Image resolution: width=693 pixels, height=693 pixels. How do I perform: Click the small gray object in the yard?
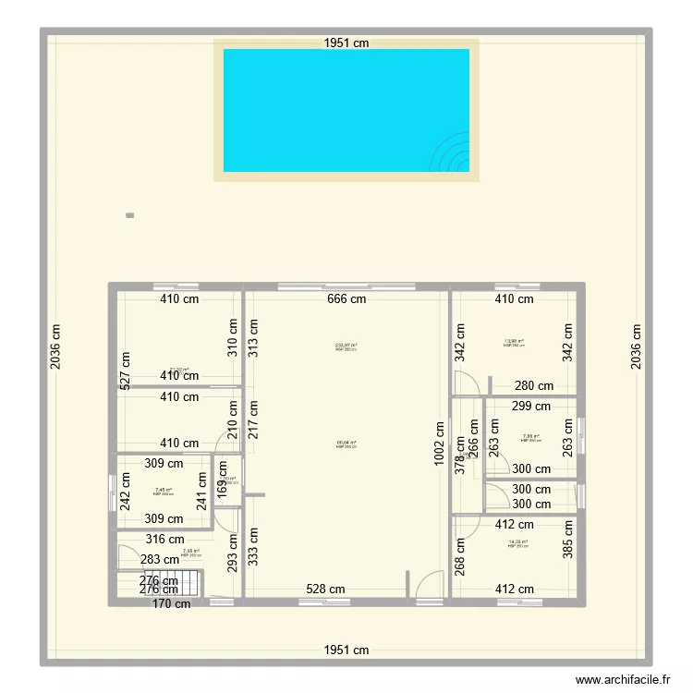coord(129,216)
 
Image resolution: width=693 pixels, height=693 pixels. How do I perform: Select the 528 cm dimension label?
coord(325,590)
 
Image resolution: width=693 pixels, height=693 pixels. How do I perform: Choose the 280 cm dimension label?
coord(534,386)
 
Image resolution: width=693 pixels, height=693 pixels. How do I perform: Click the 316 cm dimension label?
coord(165,540)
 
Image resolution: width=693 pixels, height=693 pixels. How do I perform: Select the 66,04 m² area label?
coord(346,444)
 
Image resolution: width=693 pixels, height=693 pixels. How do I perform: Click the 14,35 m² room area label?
coord(518,542)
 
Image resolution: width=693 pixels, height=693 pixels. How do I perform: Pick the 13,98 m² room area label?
coord(514,341)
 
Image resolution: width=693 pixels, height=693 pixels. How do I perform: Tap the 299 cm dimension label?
coord(531,406)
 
